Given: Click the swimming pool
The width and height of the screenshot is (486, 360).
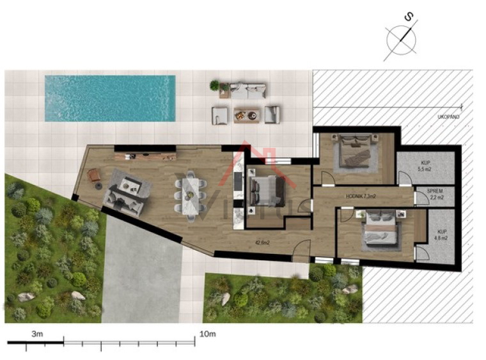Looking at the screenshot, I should click(110, 98).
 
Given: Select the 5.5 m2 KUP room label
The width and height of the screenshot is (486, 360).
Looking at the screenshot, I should click(425, 167).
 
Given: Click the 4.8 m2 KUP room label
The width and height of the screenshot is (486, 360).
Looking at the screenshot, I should click(442, 236).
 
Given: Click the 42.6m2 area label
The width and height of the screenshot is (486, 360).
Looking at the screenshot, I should click(262, 242).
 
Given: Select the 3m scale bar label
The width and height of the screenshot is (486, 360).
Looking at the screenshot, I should click(36, 334).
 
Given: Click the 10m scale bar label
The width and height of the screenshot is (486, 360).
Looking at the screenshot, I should click(208, 334).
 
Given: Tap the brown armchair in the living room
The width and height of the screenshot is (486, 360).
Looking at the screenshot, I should click(95, 175).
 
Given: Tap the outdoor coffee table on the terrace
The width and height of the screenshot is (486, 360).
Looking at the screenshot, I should click(247, 115).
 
